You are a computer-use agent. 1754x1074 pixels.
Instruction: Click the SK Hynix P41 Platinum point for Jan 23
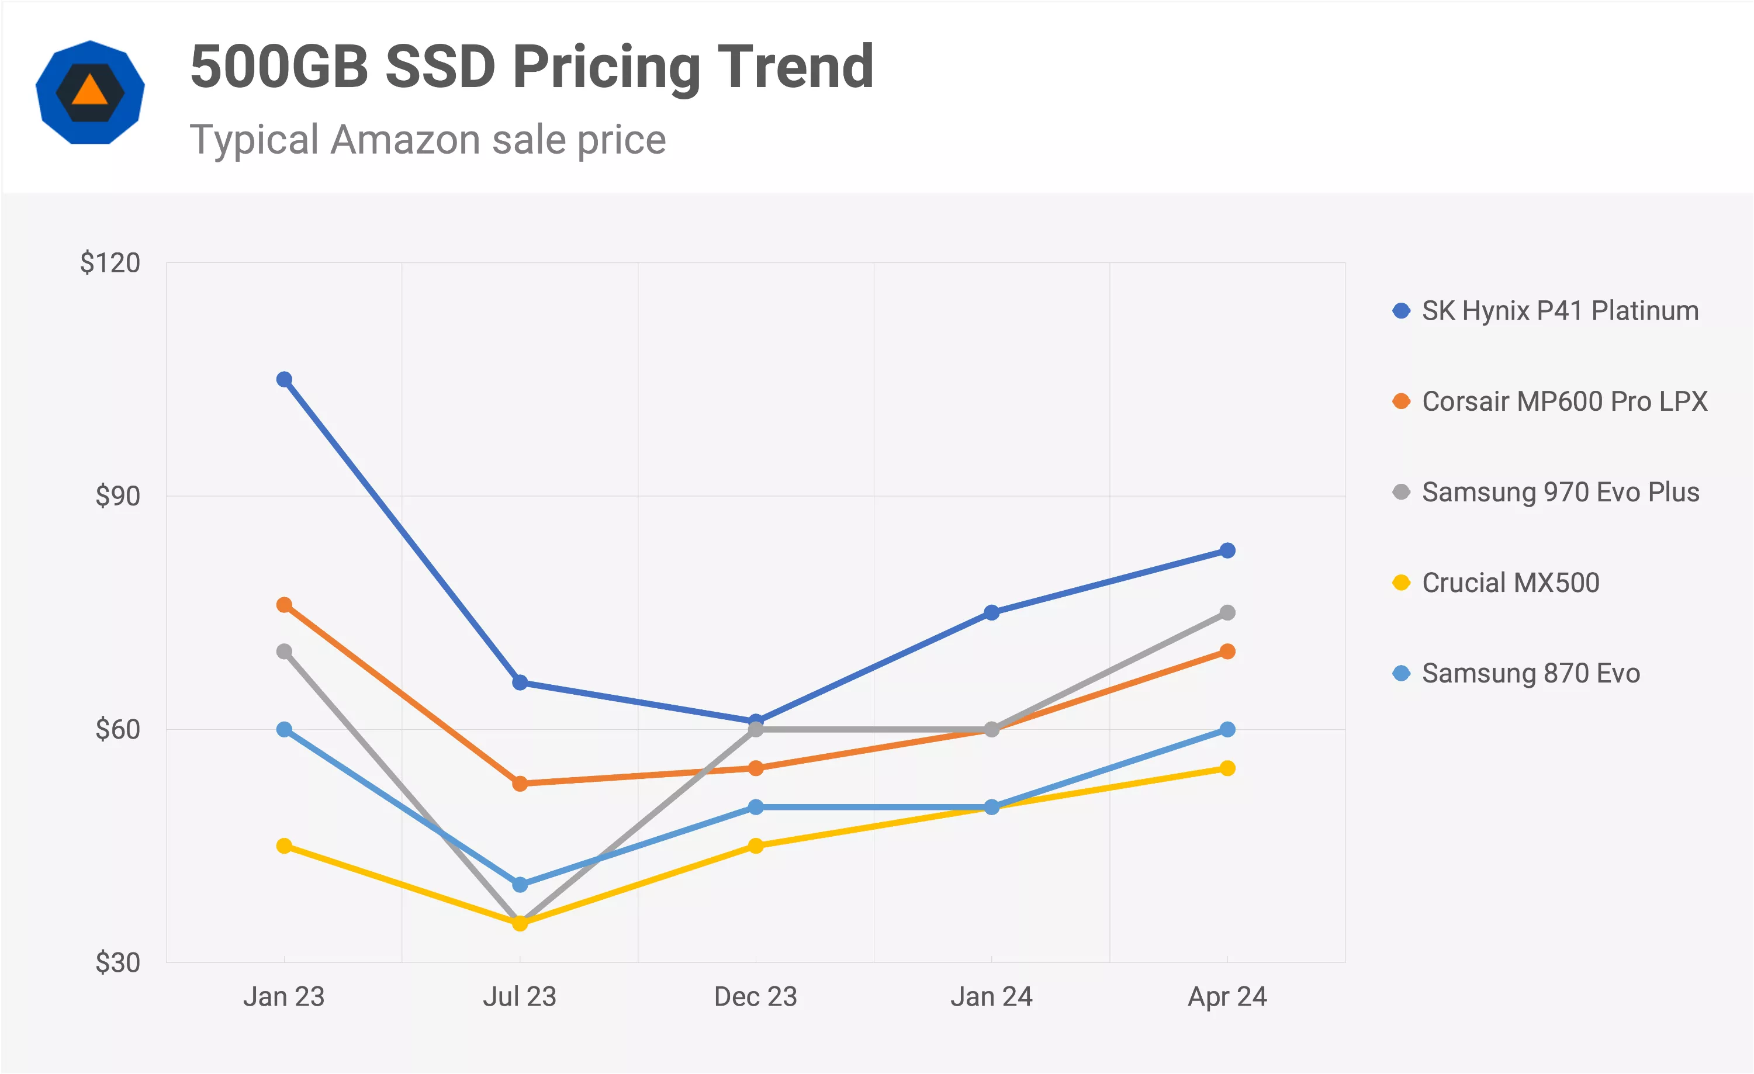click(x=284, y=379)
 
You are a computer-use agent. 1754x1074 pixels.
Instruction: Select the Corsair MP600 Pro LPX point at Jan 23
click(x=284, y=605)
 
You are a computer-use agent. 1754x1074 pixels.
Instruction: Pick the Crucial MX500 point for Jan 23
click(x=284, y=846)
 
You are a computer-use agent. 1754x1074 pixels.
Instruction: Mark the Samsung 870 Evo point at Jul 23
click(x=520, y=885)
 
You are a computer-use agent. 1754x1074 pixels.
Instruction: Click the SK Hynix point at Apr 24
click(x=1227, y=550)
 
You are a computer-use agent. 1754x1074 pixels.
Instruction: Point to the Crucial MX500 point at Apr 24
click(x=1227, y=768)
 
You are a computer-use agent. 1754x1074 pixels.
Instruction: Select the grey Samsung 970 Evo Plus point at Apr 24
click(x=1227, y=612)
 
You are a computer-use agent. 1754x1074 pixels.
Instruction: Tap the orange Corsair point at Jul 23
click(x=520, y=784)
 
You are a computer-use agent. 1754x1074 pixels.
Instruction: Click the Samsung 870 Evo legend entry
click(x=1531, y=673)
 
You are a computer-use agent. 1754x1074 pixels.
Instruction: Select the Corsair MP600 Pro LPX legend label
click(x=1564, y=401)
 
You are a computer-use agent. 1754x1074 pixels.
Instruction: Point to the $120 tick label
click(x=110, y=262)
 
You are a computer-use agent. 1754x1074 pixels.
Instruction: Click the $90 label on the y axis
click(x=117, y=496)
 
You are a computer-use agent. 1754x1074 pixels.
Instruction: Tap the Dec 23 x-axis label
click(x=755, y=996)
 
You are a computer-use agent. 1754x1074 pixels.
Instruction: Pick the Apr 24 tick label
click(x=1227, y=996)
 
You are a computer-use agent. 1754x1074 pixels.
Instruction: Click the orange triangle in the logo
click(x=89, y=91)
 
